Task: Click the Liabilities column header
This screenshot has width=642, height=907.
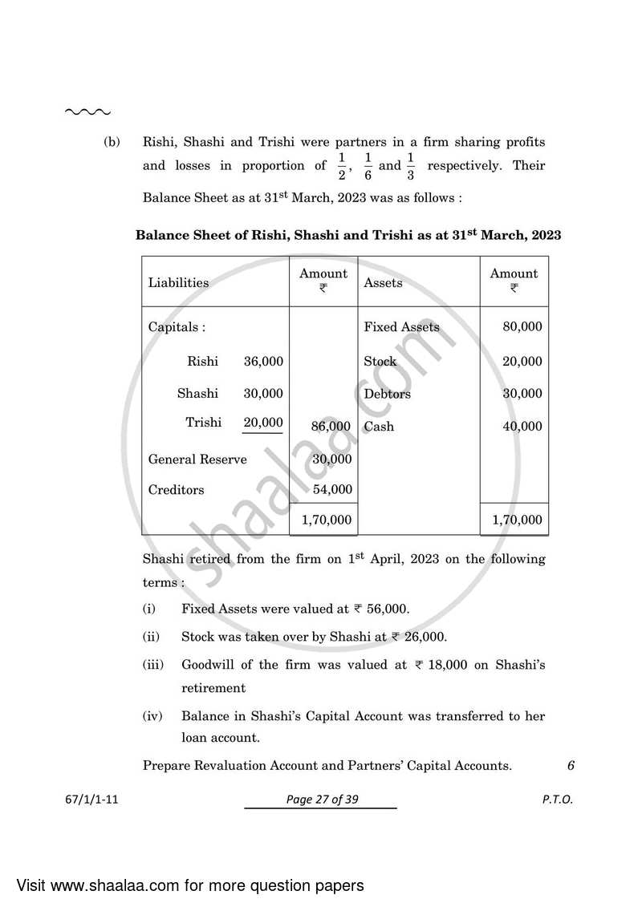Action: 178,282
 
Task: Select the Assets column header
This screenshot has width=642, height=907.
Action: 383,282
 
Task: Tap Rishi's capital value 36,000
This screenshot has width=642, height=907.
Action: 263,362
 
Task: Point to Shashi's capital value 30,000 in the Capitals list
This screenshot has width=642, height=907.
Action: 263,394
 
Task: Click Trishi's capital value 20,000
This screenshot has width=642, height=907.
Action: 263,423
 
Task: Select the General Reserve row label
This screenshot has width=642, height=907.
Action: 197,460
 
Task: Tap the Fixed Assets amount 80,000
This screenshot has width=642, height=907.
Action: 522,327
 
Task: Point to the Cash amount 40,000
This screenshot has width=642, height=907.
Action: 522,427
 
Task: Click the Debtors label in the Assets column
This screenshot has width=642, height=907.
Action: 387,394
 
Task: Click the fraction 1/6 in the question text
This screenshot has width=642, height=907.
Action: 368,166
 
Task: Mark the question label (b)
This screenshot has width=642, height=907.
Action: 112,142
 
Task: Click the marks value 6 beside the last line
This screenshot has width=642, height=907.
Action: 571,765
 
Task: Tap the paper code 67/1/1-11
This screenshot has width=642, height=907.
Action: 94,800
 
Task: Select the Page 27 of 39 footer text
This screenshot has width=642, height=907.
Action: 320,800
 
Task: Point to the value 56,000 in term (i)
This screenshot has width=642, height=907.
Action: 387,609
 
